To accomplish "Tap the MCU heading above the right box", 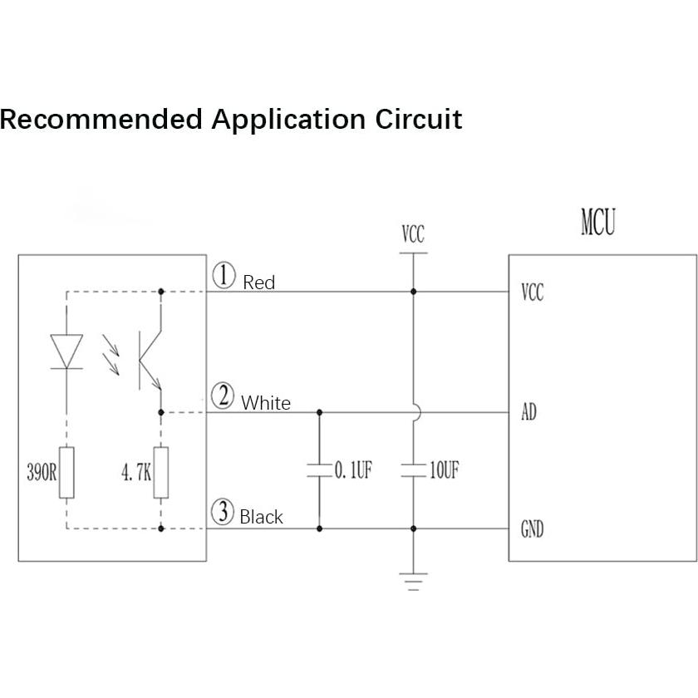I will [598, 224].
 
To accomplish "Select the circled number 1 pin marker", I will [224, 275].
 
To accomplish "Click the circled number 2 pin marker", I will [223, 396].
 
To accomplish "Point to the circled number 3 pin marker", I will [223, 512].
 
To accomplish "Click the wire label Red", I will [258, 283].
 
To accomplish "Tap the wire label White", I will [266, 404].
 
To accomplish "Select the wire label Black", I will [261, 517].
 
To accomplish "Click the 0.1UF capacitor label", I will [353, 471].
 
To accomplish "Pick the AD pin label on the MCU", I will [528, 412].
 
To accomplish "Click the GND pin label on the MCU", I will [532, 529].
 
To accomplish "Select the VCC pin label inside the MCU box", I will [532, 292].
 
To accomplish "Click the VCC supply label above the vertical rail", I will [413, 234].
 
